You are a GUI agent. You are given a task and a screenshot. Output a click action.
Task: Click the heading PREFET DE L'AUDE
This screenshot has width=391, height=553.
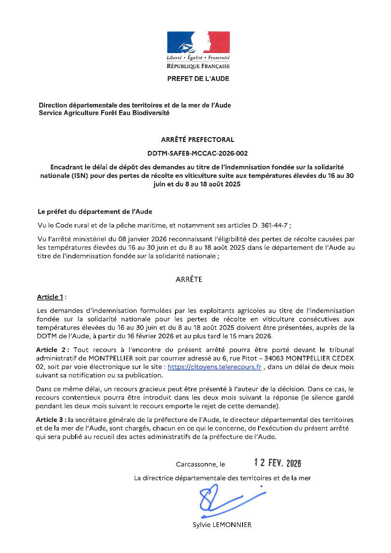198,79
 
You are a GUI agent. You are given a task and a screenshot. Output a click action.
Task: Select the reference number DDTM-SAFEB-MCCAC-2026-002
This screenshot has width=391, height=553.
198,153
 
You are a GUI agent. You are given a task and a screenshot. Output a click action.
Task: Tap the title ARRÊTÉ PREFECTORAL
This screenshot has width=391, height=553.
198,140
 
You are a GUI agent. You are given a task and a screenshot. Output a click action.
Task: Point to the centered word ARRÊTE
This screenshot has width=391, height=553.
189,280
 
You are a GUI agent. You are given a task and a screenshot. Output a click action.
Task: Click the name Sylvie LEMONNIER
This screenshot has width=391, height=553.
222,525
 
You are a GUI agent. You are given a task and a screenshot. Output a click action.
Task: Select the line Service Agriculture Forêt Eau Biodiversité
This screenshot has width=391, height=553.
104,113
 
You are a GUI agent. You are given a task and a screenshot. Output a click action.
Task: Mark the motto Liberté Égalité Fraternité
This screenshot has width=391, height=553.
198,57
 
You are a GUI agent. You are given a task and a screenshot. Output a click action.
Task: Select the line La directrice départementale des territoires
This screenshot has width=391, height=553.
222,478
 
